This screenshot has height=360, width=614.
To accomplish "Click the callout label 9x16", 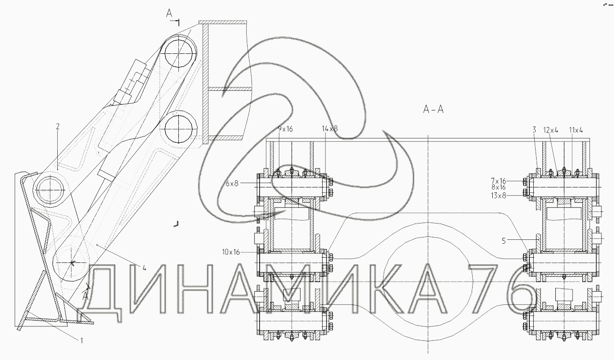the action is pyautogui.click(x=285, y=129).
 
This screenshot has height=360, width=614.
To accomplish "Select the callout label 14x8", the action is pyautogui.click(x=330, y=128).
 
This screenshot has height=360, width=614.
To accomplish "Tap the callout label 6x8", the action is pyautogui.click(x=232, y=183).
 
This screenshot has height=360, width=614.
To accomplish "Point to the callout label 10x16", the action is pyautogui.click(x=231, y=252).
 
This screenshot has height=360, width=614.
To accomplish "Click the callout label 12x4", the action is pyautogui.click(x=551, y=130).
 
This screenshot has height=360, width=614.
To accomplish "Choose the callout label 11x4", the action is pyautogui.click(x=576, y=130).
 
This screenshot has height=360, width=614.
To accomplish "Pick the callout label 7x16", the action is pyautogui.click(x=498, y=181).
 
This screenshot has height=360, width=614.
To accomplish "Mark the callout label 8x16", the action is pyautogui.click(x=498, y=187).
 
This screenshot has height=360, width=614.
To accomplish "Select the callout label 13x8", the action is pyautogui.click(x=498, y=196).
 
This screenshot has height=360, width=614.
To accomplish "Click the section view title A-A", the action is pyautogui.click(x=433, y=110).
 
